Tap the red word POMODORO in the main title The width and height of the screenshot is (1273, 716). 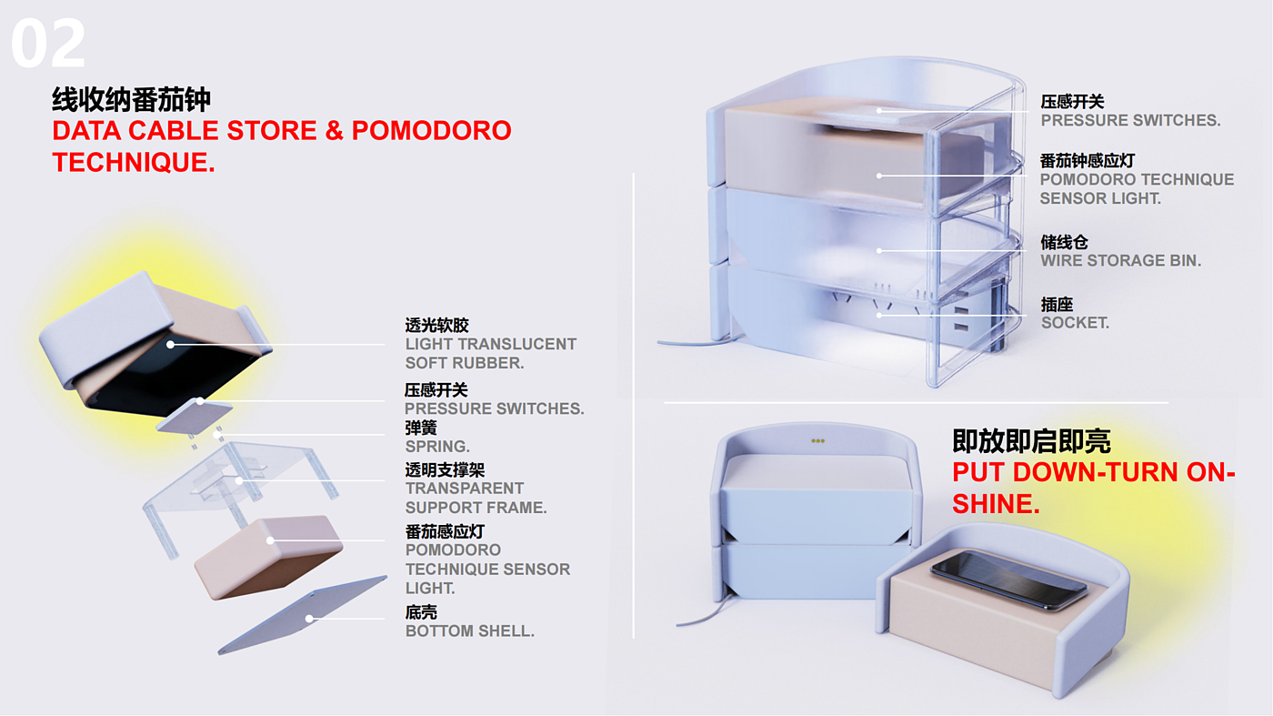(x=431, y=131)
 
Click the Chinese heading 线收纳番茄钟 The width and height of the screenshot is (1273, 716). (x=132, y=99)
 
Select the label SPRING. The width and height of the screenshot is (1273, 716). (x=437, y=447)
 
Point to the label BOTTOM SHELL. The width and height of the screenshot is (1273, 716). (x=469, y=630)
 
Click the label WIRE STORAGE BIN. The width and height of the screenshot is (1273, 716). (x=1120, y=261)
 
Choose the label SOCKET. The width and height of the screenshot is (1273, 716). (x=1075, y=323)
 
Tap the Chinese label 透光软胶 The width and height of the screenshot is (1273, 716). (x=436, y=325)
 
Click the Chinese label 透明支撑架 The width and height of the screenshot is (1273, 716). (x=445, y=469)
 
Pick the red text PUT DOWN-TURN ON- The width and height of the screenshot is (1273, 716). (x=1094, y=473)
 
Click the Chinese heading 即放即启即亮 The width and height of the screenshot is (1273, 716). (x=1031, y=441)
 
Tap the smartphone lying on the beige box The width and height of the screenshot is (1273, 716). (x=1009, y=580)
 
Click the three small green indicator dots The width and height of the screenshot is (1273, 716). (x=817, y=441)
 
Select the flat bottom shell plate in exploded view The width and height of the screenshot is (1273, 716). (x=303, y=614)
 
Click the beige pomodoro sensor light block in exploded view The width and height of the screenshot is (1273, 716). (x=268, y=555)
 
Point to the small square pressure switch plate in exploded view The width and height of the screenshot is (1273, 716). (x=195, y=413)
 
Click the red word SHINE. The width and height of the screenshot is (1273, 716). (x=996, y=504)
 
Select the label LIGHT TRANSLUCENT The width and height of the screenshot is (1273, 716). (x=490, y=344)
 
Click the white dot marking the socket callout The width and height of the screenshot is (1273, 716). (x=878, y=315)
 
